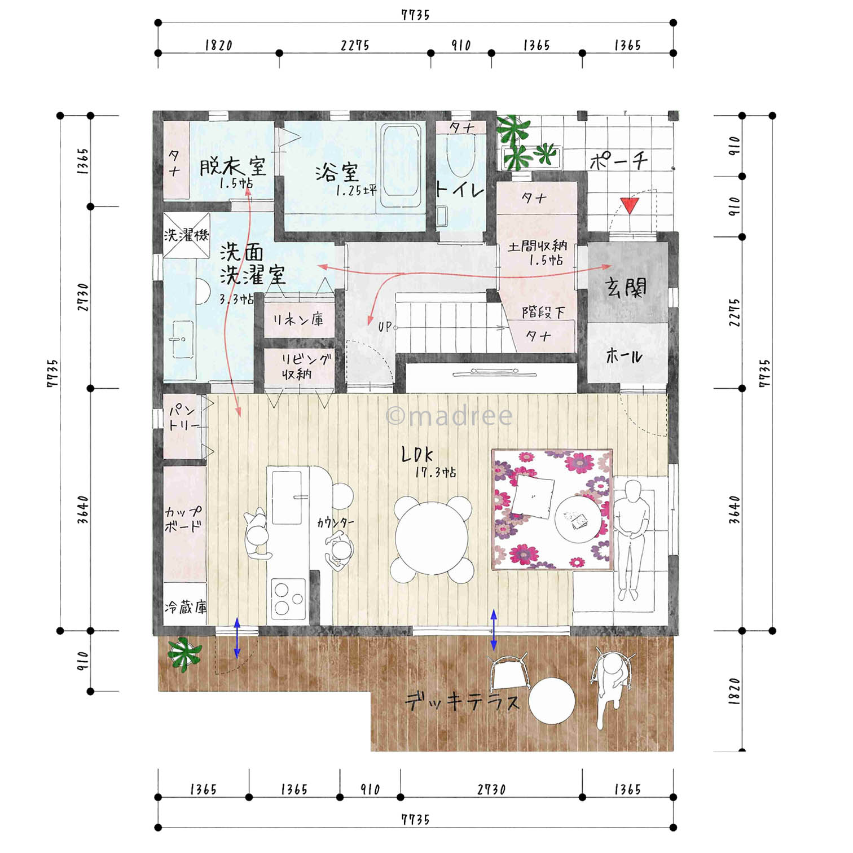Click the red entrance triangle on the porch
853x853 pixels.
pos(630,205)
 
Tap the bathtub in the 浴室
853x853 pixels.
pos(401,166)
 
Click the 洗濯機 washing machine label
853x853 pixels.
pos(186,235)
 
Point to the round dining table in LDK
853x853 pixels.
pos(432,539)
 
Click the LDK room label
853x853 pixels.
pos(417,454)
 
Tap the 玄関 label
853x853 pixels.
pos(626,288)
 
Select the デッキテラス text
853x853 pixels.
pos(462,701)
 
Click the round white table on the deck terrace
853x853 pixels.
pos(552,701)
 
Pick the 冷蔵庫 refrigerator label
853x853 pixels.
pos(186,607)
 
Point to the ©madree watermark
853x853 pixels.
pos(449,416)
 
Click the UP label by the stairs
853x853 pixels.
pos(385,326)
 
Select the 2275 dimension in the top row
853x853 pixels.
pos(355,45)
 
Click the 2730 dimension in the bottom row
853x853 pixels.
pos(491,789)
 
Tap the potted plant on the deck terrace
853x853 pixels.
pos(184,654)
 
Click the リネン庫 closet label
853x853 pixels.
pos(298,319)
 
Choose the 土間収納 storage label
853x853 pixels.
pos(537,246)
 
